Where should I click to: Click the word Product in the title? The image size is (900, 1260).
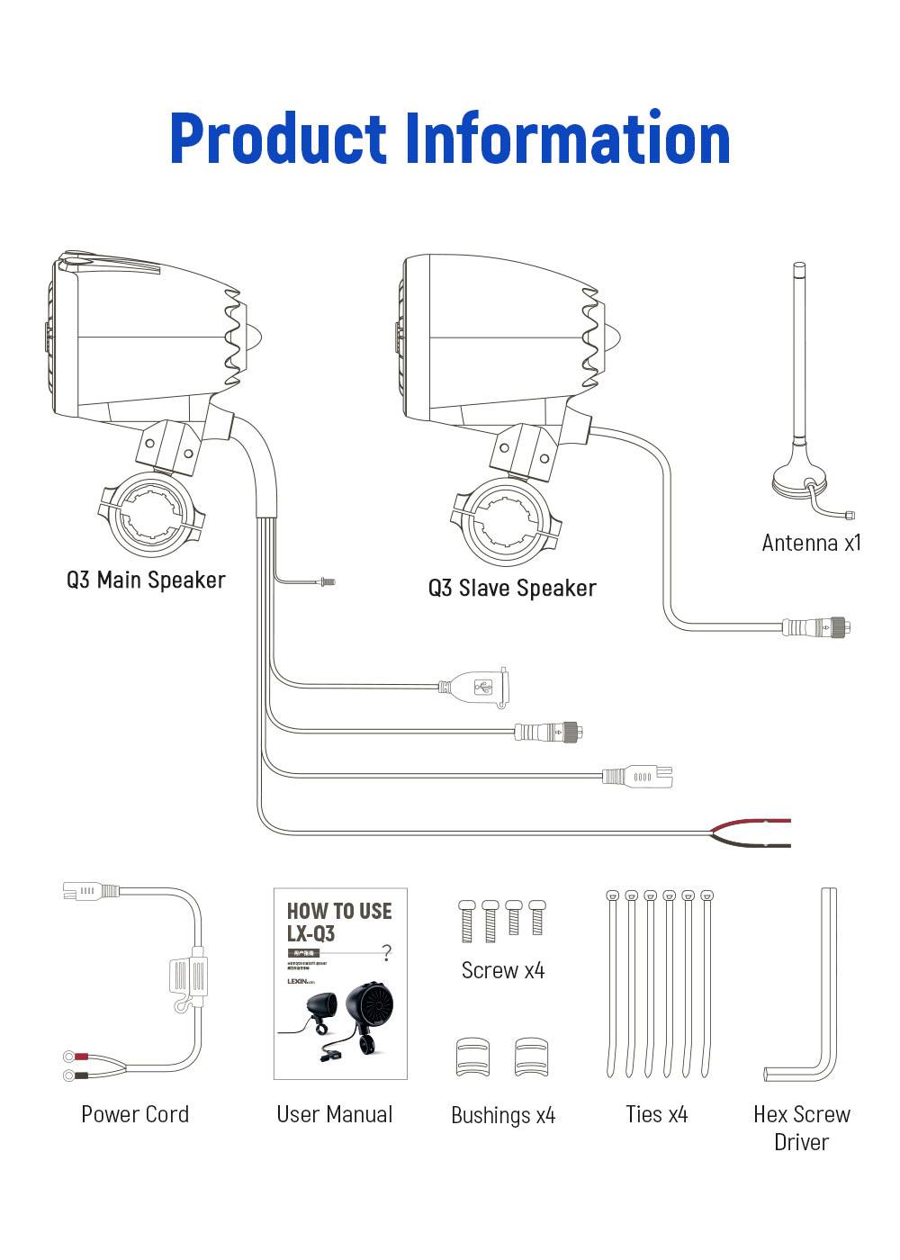click(x=277, y=139)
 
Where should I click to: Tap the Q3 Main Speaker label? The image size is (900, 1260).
click(x=146, y=580)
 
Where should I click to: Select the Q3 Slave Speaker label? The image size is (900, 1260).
click(x=512, y=589)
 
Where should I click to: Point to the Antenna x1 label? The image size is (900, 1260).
click(x=811, y=543)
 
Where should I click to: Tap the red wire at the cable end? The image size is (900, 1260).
click(x=752, y=824)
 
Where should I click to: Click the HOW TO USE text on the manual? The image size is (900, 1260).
click(x=339, y=911)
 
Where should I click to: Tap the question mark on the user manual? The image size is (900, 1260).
click(x=387, y=952)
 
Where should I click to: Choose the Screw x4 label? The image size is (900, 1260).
click(x=503, y=970)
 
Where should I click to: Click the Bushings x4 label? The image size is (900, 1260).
click(x=503, y=1116)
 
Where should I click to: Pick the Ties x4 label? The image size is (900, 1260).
click(x=657, y=1115)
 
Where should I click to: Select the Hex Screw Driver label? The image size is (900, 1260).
click(x=801, y=1128)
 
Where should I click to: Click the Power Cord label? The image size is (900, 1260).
click(x=135, y=1114)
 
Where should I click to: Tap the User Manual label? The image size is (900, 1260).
click(x=335, y=1114)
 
